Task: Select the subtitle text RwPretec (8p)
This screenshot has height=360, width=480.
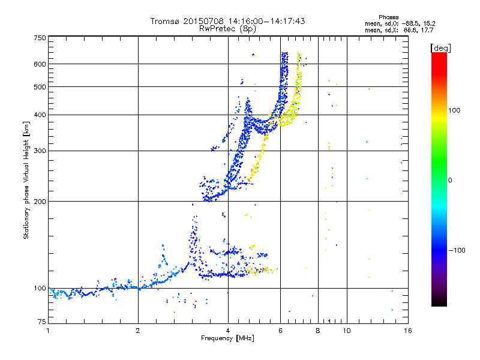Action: point(227,29)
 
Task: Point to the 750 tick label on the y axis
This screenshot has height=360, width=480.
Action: point(40,38)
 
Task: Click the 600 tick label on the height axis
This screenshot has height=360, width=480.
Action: point(40,64)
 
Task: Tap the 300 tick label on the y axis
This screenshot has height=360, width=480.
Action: point(40,151)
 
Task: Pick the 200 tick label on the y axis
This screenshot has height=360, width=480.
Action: point(40,201)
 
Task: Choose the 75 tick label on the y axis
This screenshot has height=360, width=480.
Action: point(41,322)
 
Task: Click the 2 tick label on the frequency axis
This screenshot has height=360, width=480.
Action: point(138,331)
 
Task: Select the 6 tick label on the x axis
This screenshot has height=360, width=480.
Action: point(280,331)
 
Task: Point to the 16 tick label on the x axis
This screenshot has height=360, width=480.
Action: point(408,331)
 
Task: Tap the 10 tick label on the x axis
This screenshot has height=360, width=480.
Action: point(347,331)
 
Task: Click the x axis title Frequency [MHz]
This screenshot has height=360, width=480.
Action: point(227,338)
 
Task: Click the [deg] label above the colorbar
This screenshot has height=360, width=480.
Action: point(440,48)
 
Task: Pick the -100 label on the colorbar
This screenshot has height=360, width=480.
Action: point(457,250)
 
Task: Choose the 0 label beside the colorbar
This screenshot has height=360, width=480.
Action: point(450,180)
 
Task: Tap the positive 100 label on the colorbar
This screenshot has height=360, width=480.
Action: point(454,110)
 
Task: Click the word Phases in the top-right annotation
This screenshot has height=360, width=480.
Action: point(388,17)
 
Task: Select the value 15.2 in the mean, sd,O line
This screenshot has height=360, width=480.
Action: point(430,23)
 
